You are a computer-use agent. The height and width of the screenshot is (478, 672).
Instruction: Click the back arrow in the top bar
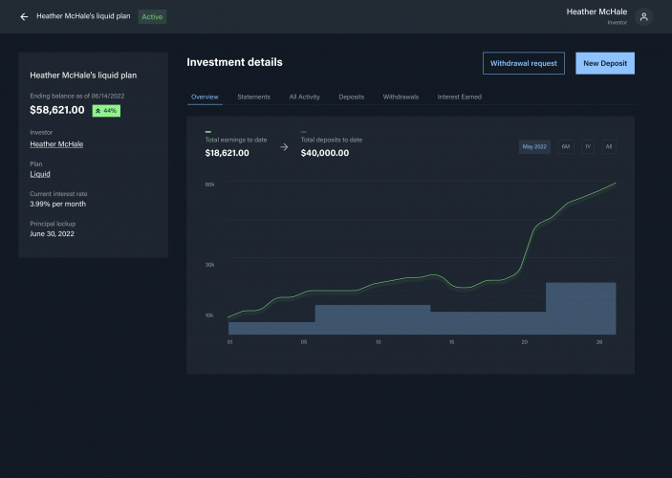[24, 16]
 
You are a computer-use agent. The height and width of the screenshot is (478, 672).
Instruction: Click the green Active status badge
[152, 16]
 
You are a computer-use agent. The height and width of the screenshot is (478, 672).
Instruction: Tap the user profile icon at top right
[644, 16]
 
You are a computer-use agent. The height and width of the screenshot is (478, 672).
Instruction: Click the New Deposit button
[604, 63]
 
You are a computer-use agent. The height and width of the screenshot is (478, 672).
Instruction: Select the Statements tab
[253, 97]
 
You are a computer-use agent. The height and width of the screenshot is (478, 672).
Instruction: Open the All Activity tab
[304, 97]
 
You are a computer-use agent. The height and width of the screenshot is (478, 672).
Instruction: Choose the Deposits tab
[351, 97]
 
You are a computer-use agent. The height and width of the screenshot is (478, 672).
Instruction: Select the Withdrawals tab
[400, 97]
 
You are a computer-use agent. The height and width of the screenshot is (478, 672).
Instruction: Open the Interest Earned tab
[459, 97]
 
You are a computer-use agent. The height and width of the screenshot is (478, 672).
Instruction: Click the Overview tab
[205, 97]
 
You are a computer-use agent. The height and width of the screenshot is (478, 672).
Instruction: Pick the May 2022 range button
[534, 146]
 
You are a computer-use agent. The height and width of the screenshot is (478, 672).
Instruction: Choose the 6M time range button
[566, 146]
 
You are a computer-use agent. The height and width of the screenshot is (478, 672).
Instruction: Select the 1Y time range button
[588, 146]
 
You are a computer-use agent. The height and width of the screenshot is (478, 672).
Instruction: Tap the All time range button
[609, 146]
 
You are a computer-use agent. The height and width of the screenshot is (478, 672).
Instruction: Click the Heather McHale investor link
[56, 144]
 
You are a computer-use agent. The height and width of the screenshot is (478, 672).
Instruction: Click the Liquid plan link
[40, 174]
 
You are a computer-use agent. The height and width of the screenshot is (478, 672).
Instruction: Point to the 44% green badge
[106, 111]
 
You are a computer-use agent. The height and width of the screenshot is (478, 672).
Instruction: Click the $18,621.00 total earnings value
[228, 152]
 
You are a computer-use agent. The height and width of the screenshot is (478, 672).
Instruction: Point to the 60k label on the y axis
[209, 184]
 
